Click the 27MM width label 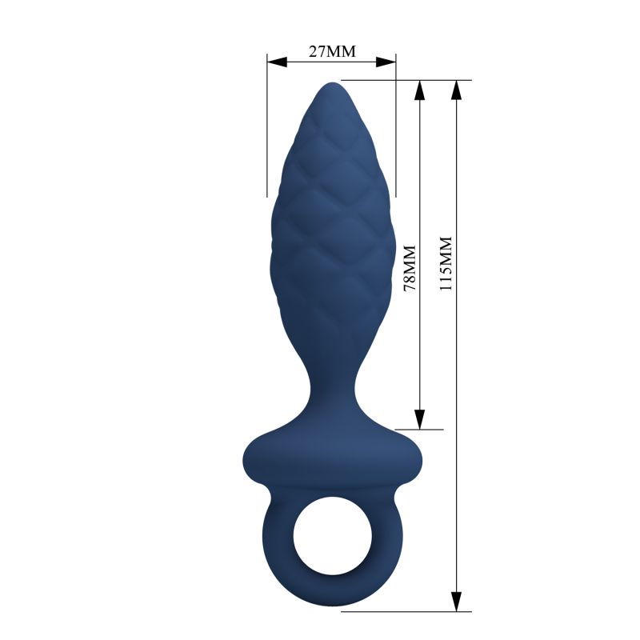tap(331, 53)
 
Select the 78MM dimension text tap(410, 268)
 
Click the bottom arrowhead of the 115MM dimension tap(457, 602)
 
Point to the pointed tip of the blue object tap(331, 85)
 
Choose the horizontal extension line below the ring tap(400, 612)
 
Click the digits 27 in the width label tap(317, 53)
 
